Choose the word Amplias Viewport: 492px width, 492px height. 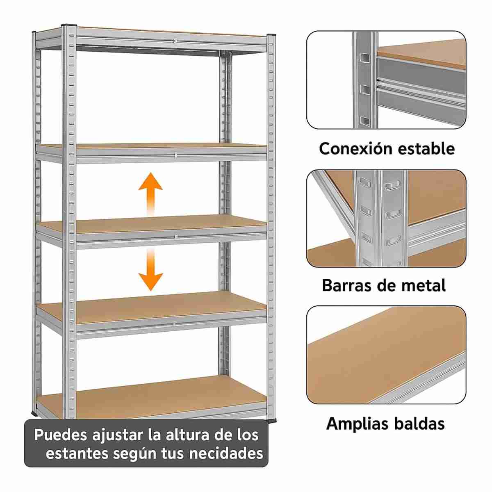353,423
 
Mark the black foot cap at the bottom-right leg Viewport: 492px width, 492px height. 271,420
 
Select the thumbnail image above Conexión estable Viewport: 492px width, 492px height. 386,80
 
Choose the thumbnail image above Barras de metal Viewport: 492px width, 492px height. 386,218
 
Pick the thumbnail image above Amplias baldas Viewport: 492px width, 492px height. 386,355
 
